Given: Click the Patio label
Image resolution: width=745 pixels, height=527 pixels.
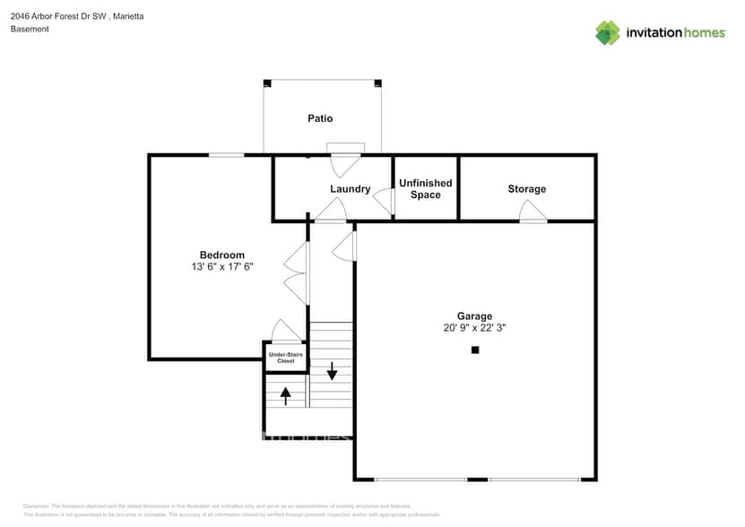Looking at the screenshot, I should click(320, 118).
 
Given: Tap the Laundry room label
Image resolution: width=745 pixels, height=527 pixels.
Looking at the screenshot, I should click(350, 189).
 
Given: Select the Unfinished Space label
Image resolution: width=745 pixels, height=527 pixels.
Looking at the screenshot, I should click(425, 189).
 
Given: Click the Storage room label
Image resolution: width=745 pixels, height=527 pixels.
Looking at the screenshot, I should click(526, 189).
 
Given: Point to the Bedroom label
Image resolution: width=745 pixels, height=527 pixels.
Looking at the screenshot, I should click(221, 255).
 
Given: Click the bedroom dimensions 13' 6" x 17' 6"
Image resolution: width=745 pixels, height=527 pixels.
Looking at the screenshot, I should click(221, 267).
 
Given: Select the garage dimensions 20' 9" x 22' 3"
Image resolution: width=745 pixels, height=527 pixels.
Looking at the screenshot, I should click(474, 328).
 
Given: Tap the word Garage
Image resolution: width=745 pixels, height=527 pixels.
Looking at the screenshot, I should click(474, 316).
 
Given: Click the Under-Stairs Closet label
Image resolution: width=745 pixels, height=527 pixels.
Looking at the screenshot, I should click(286, 358).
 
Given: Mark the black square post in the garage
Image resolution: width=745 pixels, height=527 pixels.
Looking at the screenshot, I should click(475, 350).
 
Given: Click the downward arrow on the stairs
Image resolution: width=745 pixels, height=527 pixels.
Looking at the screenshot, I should click(332, 370).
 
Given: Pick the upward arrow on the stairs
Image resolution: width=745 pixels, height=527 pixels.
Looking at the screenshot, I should click(286, 392).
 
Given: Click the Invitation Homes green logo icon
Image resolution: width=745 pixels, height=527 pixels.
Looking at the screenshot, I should click(608, 32).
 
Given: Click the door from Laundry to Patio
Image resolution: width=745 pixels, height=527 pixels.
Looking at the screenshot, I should click(345, 160).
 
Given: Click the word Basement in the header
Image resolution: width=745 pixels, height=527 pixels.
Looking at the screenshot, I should click(30, 30).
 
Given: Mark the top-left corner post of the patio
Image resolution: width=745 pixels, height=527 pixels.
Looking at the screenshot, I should click(266, 83).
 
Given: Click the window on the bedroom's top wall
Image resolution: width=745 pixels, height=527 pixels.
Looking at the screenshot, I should click(226, 155).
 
